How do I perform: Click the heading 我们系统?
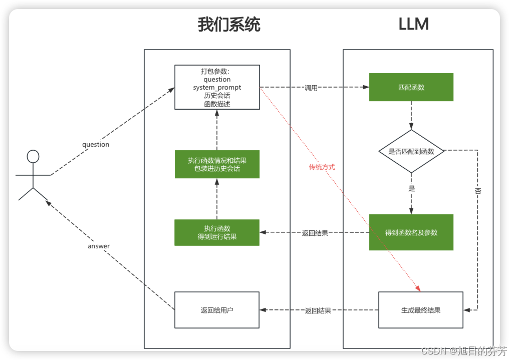[229, 25]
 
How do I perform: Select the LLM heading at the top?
[413, 25]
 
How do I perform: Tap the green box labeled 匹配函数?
[411, 87]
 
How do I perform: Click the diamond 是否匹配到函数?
[411, 151]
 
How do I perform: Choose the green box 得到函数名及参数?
[411, 232]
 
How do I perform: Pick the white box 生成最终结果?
[420, 310]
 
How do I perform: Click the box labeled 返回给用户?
[216, 310]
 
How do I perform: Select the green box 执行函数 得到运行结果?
[216, 232]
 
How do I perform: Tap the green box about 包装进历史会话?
[216, 164]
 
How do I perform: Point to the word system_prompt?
[217, 87]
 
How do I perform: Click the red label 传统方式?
[322, 167]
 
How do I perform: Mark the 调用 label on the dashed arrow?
[311, 88]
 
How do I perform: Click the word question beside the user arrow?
[95, 144]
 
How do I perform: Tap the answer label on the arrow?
[99, 246]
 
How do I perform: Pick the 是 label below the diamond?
[412, 189]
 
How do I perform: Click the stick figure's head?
[33, 156]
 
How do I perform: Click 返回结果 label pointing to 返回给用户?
[318, 310]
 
